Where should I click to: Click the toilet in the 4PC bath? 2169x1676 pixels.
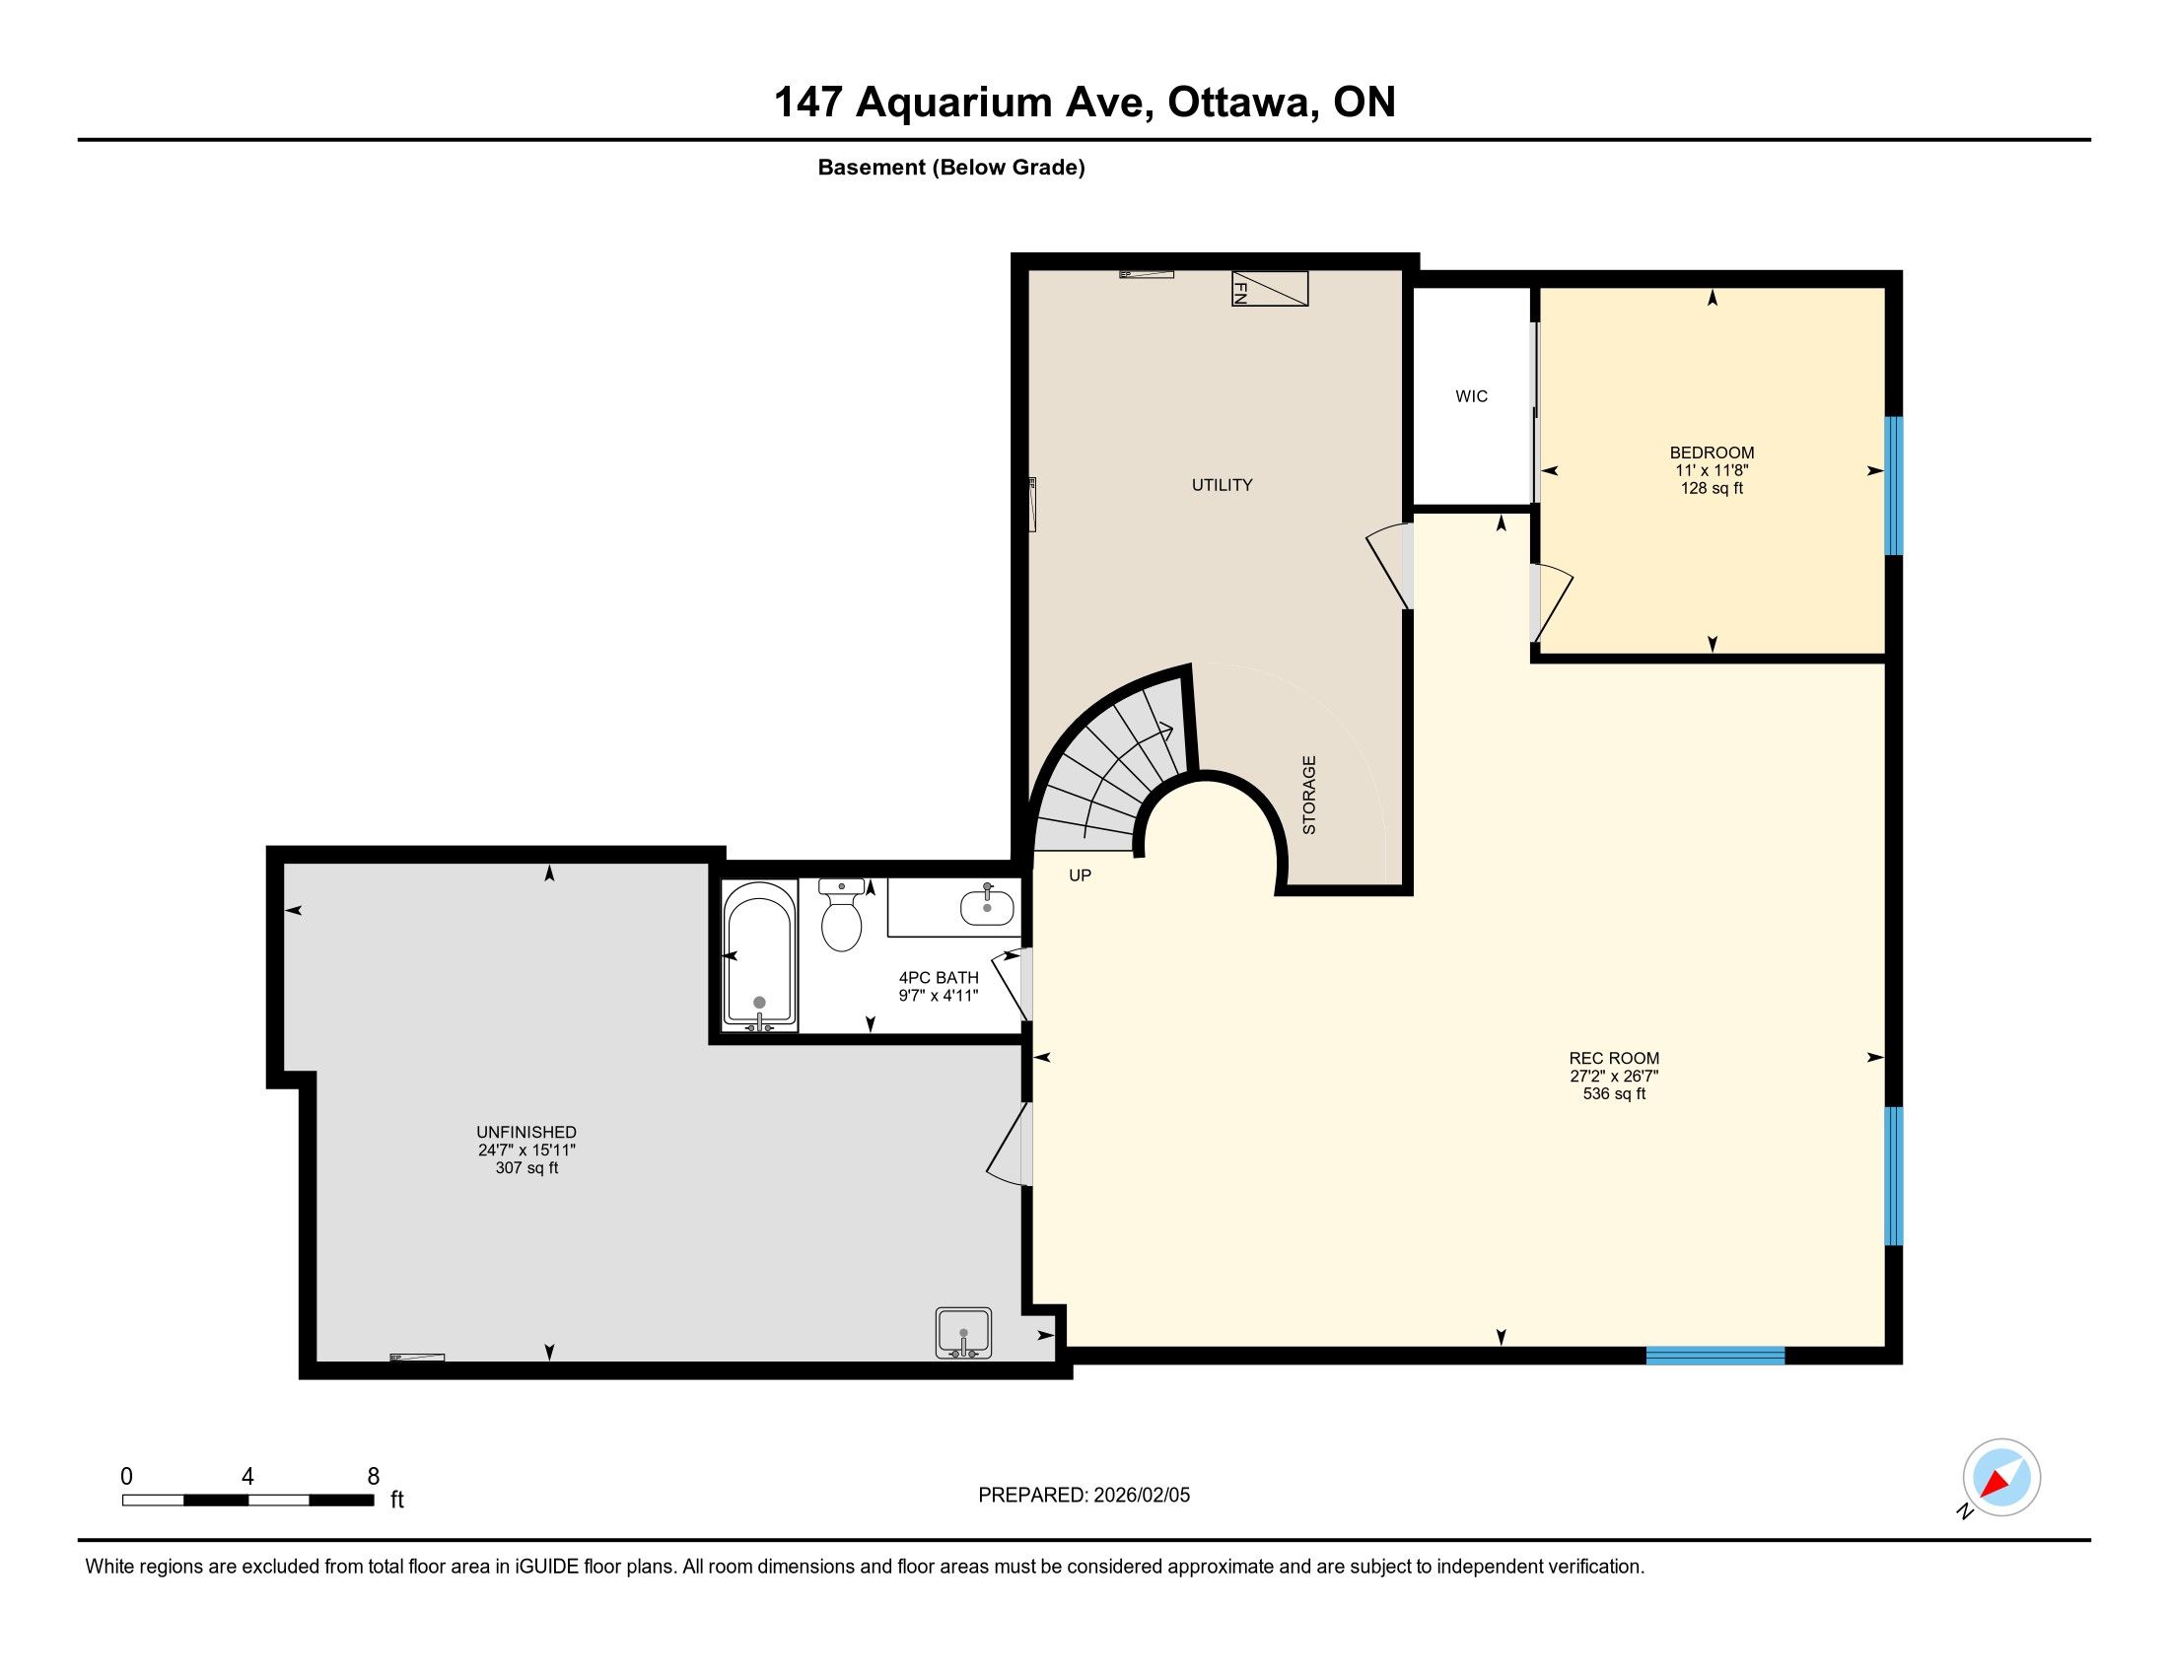(841, 915)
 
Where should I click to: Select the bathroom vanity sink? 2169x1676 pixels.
(987, 906)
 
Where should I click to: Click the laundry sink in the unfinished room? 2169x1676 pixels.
(963, 1333)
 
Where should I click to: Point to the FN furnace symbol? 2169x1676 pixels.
(1270, 289)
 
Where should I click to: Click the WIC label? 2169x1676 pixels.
(1471, 396)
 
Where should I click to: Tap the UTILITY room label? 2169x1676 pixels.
(1222, 484)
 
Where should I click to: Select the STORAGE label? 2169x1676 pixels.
(1309, 795)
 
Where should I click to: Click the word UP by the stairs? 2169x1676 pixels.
(1080, 875)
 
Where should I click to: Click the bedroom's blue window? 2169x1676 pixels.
(1894, 485)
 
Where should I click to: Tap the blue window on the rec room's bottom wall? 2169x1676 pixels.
(1715, 1356)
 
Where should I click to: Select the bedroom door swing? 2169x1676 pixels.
(1551, 602)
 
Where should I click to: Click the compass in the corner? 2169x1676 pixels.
(2001, 1477)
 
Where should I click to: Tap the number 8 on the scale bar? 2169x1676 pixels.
(374, 1476)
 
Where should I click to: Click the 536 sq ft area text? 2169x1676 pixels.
(1614, 1093)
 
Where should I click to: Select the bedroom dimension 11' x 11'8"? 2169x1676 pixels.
(1712, 470)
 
